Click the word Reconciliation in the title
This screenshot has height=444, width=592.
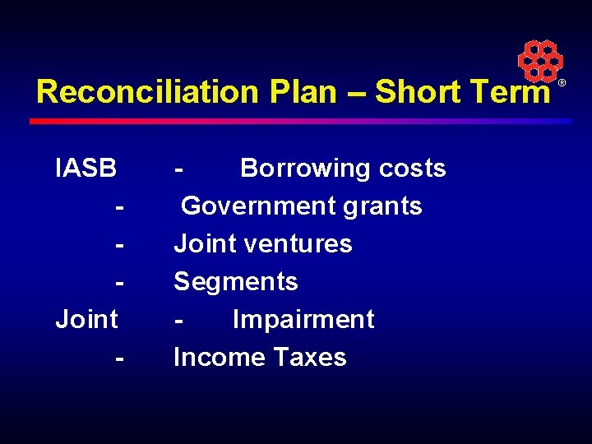[147, 92]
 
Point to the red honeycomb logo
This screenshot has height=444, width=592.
[539, 60]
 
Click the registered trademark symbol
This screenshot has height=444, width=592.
[562, 84]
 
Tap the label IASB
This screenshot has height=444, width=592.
[86, 169]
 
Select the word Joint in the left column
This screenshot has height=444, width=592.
[86, 319]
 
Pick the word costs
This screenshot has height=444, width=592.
[412, 169]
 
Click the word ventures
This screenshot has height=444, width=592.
[303, 244]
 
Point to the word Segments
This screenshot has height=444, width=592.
[236, 282]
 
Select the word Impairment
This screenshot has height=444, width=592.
[303, 319]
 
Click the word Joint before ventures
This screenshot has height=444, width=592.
[204, 244]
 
